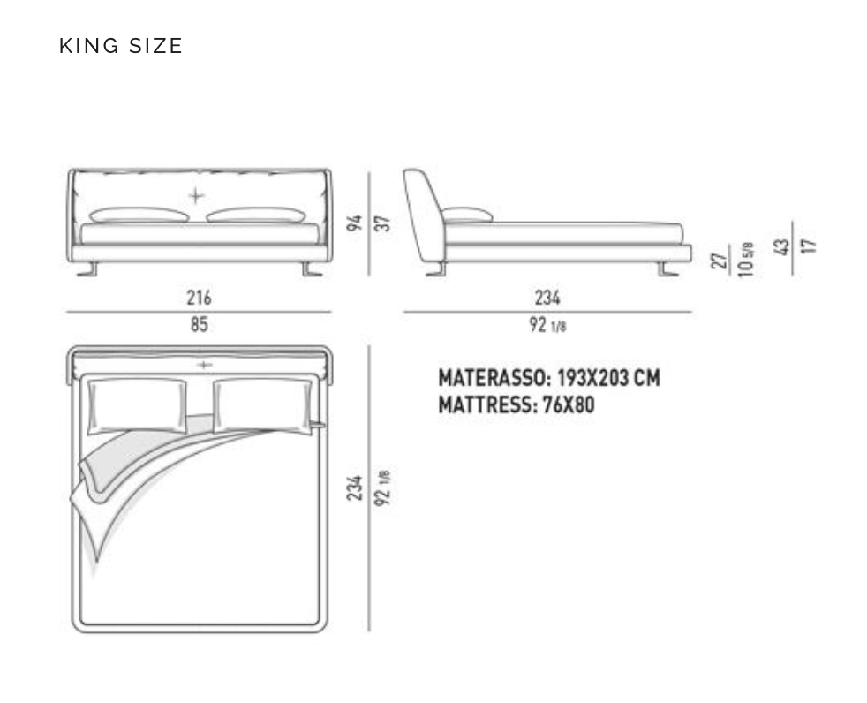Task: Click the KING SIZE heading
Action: click(x=121, y=46)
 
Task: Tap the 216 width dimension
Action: click(x=199, y=298)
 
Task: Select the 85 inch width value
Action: click(x=199, y=325)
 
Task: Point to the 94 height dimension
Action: click(x=355, y=221)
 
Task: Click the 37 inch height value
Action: click(x=383, y=221)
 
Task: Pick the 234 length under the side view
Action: click(x=547, y=298)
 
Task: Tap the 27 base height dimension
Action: click(x=720, y=260)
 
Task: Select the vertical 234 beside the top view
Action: click(x=355, y=488)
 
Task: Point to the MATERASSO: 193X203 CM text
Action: click(x=548, y=378)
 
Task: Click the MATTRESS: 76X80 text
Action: click(x=516, y=406)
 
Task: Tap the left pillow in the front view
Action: click(x=139, y=215)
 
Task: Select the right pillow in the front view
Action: click(x=256, y=215)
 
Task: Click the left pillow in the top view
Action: click(x=137, y=405)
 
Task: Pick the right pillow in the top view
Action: click(x=263, y=405)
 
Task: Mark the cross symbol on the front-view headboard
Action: click(x=195, y=195)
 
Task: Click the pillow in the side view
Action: click(x=466, y=215)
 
